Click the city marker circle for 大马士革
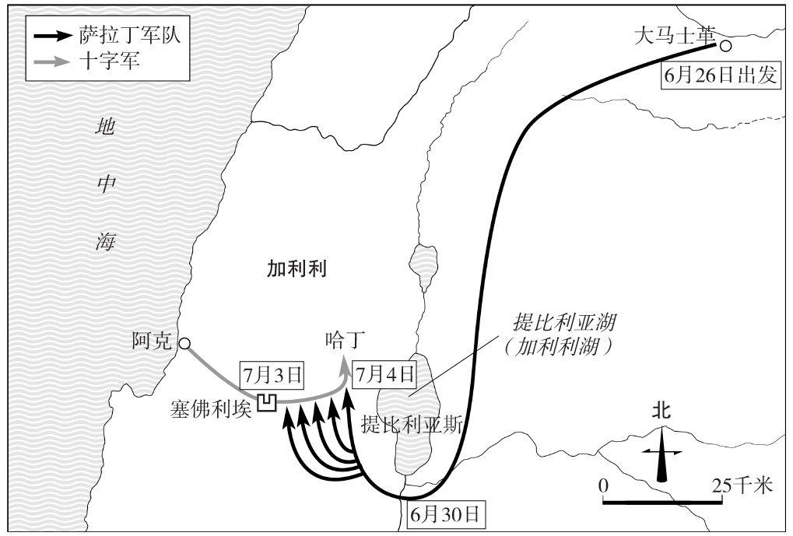click(726, 46)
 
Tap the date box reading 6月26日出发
click(720, 76)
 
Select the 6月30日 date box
click(444, 514)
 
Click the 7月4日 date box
click(385, 375)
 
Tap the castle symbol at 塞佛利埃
click(268, 402)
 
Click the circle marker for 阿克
click(184, 344)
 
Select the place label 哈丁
click(345, 340)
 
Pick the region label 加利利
click(296, 269)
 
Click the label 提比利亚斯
click(411, 425)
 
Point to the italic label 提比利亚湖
click(564, 321)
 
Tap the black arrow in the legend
click(53, 37)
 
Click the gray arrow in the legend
click(53, 61)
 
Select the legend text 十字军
click(109, 61)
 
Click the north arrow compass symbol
click(662, 454)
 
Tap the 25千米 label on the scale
click(743, 485)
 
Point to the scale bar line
click(662, 502)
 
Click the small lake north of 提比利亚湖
click(423, 267)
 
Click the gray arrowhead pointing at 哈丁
click(345, 368)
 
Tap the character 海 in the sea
click(106, 242)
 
